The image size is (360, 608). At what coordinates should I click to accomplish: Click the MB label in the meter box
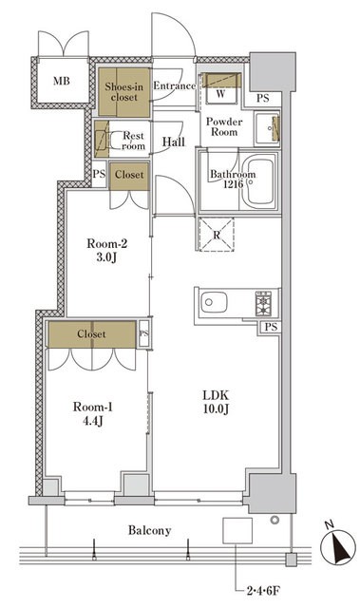pos(62,81)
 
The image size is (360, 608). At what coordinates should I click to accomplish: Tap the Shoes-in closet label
pos(124,92)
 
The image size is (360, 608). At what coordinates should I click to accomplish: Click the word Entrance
pos(175,85)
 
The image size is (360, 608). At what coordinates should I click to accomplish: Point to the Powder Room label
pos(224,126)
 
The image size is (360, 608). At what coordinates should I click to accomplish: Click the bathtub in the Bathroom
pos(260,180)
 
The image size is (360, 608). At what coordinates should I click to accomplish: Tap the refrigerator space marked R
pos(217,235)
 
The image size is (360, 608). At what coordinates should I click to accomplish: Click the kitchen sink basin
pos(214,302)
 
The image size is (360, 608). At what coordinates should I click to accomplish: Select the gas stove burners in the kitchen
pos(263,303)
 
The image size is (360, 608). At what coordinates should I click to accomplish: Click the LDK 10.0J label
pos(217,402)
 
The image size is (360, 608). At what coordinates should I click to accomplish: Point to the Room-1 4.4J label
pos(93,413)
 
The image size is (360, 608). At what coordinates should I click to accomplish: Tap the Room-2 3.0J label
pos(107,250)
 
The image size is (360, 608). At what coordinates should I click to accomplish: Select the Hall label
pos(173,142)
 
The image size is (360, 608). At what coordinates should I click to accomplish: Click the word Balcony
pos(149,530)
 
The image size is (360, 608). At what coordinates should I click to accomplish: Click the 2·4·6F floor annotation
pos(263,591)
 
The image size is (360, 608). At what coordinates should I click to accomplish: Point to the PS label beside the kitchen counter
pos(272,327)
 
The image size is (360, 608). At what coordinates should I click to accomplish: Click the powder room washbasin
pos(267,127)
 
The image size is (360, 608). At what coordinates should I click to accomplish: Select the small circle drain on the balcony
pos(275,520)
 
